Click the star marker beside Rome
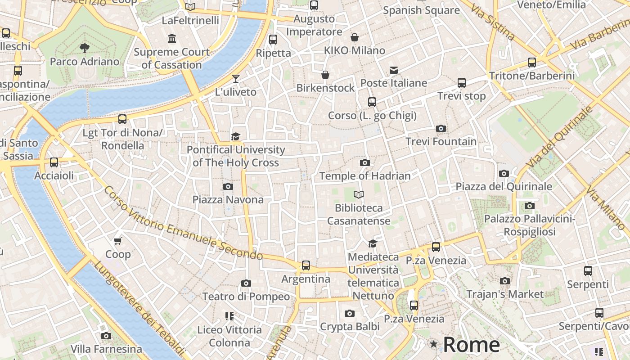[433, 344]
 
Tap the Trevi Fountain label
[441, 141]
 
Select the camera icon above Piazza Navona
[228, 186]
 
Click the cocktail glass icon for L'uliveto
[235, 79]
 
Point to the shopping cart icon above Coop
[118, 241]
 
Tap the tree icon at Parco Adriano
[84, 48]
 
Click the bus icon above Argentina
[306, 265]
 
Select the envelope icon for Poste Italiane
[394, 70]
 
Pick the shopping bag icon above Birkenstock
[325, 75]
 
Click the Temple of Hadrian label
[364, 176]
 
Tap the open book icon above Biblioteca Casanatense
[359, 194]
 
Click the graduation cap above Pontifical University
[235, 136]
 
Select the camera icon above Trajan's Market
[505, 281]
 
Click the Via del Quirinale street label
[560, 136]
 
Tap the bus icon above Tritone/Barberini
[532, 63]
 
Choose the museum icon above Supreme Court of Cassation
[171, 39]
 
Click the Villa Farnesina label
[106, 349]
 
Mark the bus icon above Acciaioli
[54, 162]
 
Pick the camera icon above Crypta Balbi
[349, 314]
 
